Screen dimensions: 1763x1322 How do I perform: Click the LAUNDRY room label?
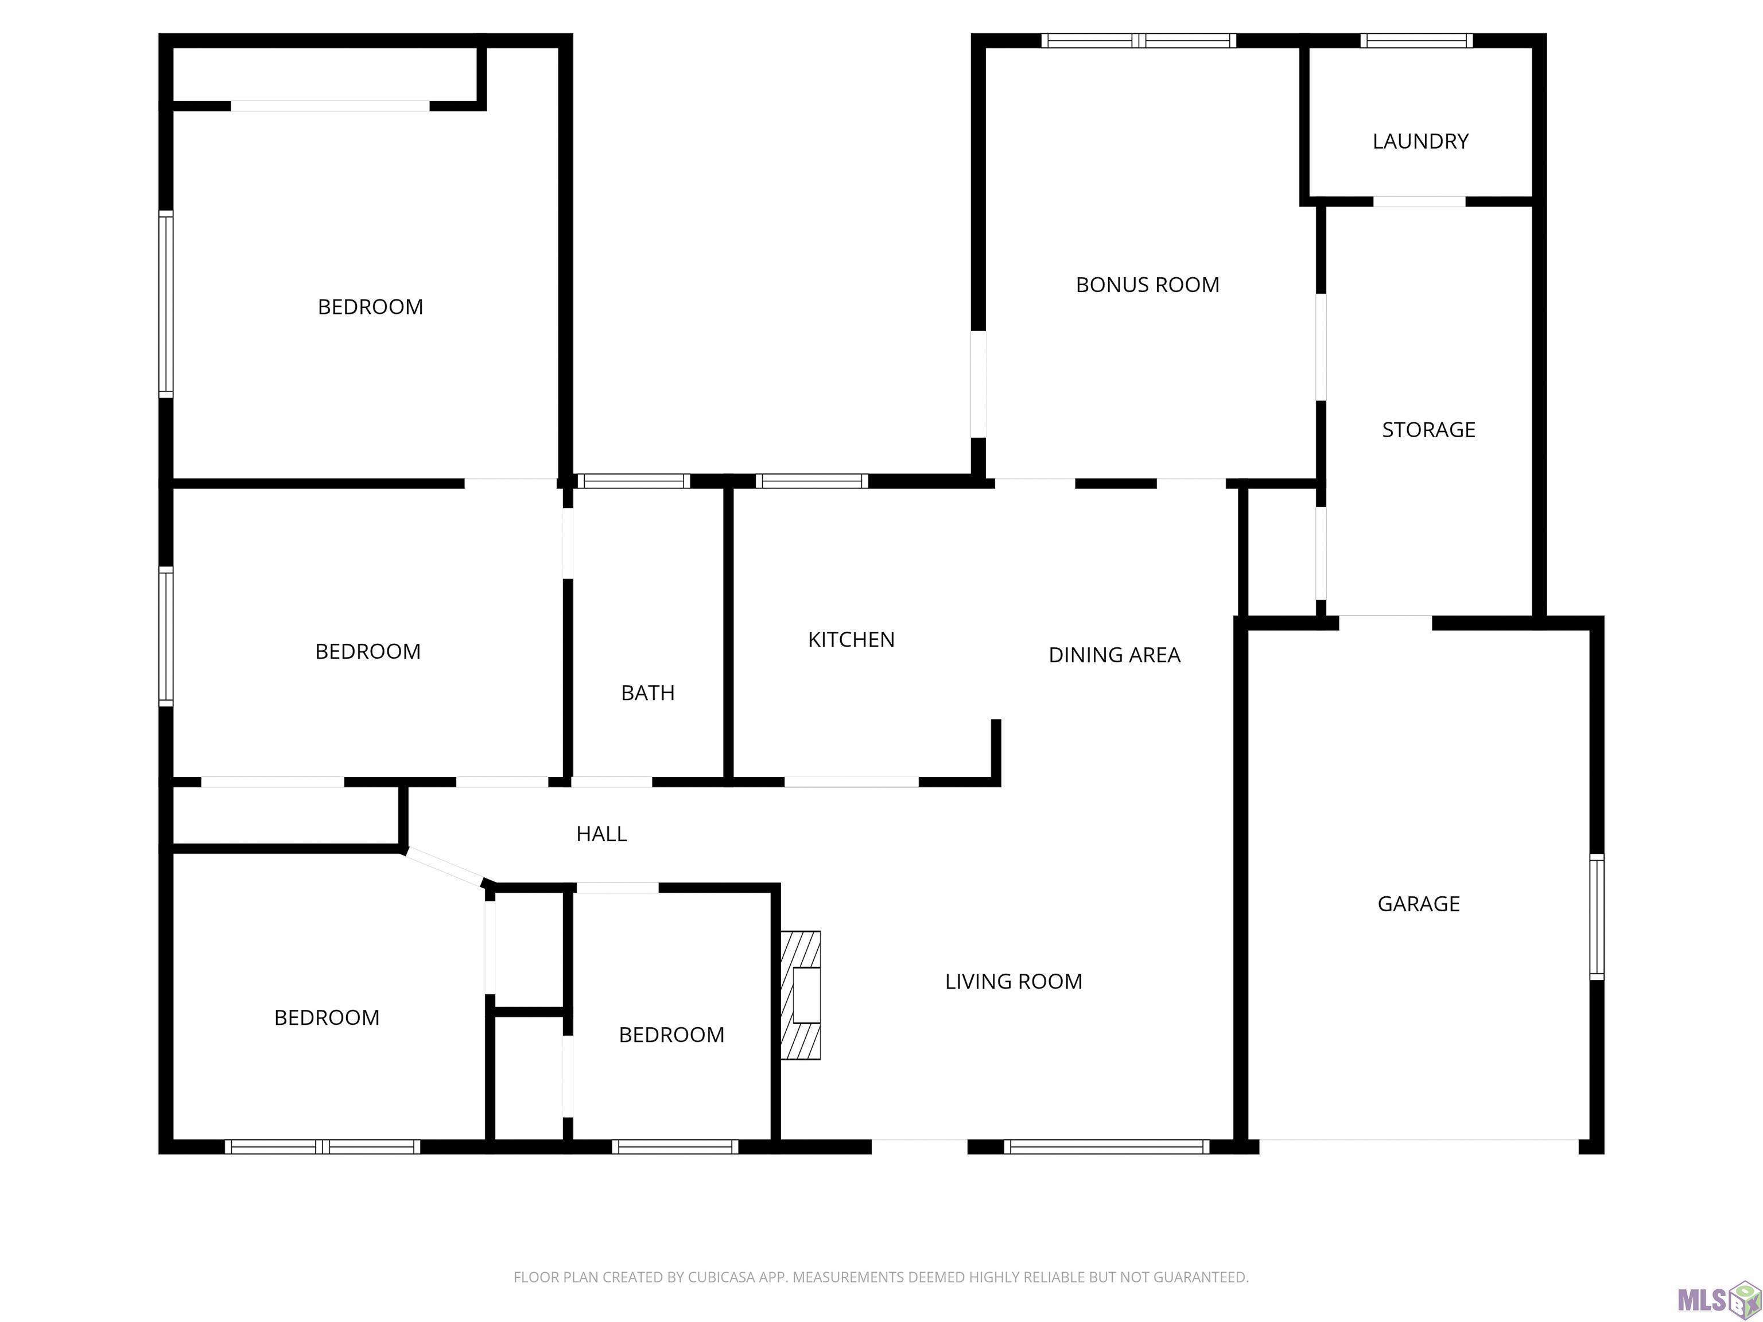[1420, 142]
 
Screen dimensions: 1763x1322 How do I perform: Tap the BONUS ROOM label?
[1148, 285]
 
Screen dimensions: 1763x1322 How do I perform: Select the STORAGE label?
[1428, 430]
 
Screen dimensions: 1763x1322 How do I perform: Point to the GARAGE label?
[1419, 904]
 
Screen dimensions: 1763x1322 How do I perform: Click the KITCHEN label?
[851, 640]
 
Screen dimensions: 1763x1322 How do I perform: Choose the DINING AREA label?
[1115, 655]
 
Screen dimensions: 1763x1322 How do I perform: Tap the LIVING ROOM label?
[1014, 982]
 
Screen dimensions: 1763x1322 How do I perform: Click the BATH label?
[648, 693]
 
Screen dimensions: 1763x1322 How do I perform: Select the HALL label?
[602, 834]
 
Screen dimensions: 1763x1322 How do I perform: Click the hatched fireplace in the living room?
[800, 996]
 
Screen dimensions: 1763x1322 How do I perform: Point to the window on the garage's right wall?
[1597, 916]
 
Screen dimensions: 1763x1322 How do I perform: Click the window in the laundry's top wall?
[1416, 41]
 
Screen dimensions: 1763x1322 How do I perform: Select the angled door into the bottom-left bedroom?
[445, 868]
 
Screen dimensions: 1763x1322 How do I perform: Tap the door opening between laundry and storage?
[1419, 201]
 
